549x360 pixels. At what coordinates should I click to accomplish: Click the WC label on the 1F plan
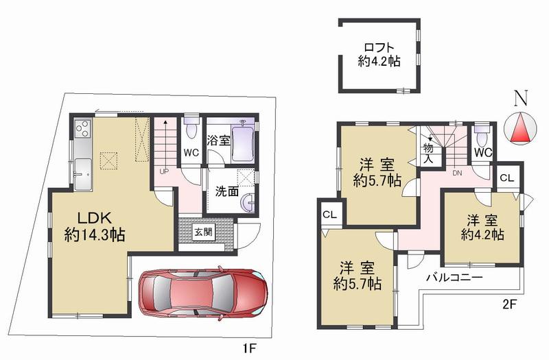tap(191, 154)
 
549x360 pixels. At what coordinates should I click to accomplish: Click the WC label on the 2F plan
tap(482, 152)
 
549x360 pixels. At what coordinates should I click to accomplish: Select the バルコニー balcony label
tap(457, 278)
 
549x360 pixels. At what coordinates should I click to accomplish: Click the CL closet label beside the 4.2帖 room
tap(506, 178)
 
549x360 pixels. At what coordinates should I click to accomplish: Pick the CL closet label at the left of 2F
tap(329, 215)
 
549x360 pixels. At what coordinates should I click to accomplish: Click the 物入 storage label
tap(428, 153)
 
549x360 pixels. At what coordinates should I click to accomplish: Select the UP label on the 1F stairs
tap(164, 171)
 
